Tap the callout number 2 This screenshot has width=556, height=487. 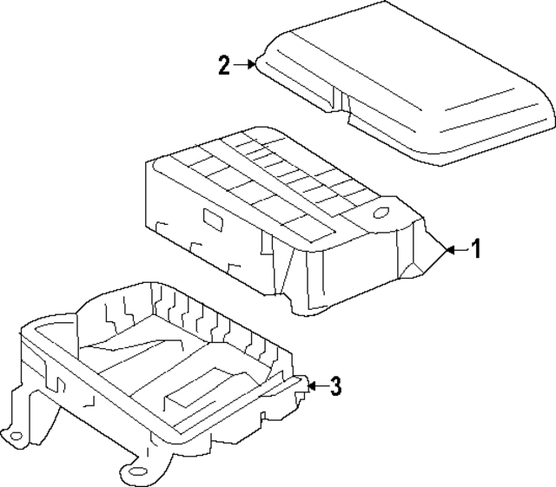coord(224,65)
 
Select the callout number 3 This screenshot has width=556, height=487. coord(335,387)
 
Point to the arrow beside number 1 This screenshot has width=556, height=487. coord(454,250)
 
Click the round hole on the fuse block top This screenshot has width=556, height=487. coord(380,212)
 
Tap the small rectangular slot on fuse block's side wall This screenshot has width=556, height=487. coord(211,218)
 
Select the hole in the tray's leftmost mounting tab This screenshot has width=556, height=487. coord(15,431)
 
